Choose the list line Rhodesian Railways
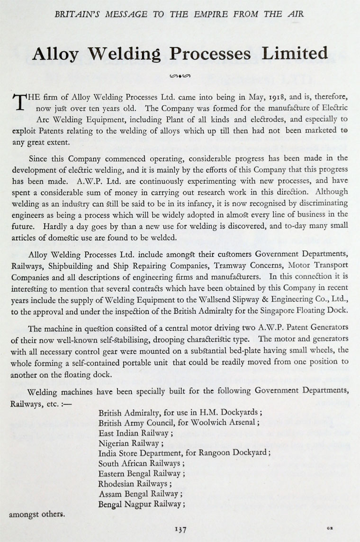[x=133, y=484]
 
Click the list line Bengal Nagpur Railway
[x=140, y=504]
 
